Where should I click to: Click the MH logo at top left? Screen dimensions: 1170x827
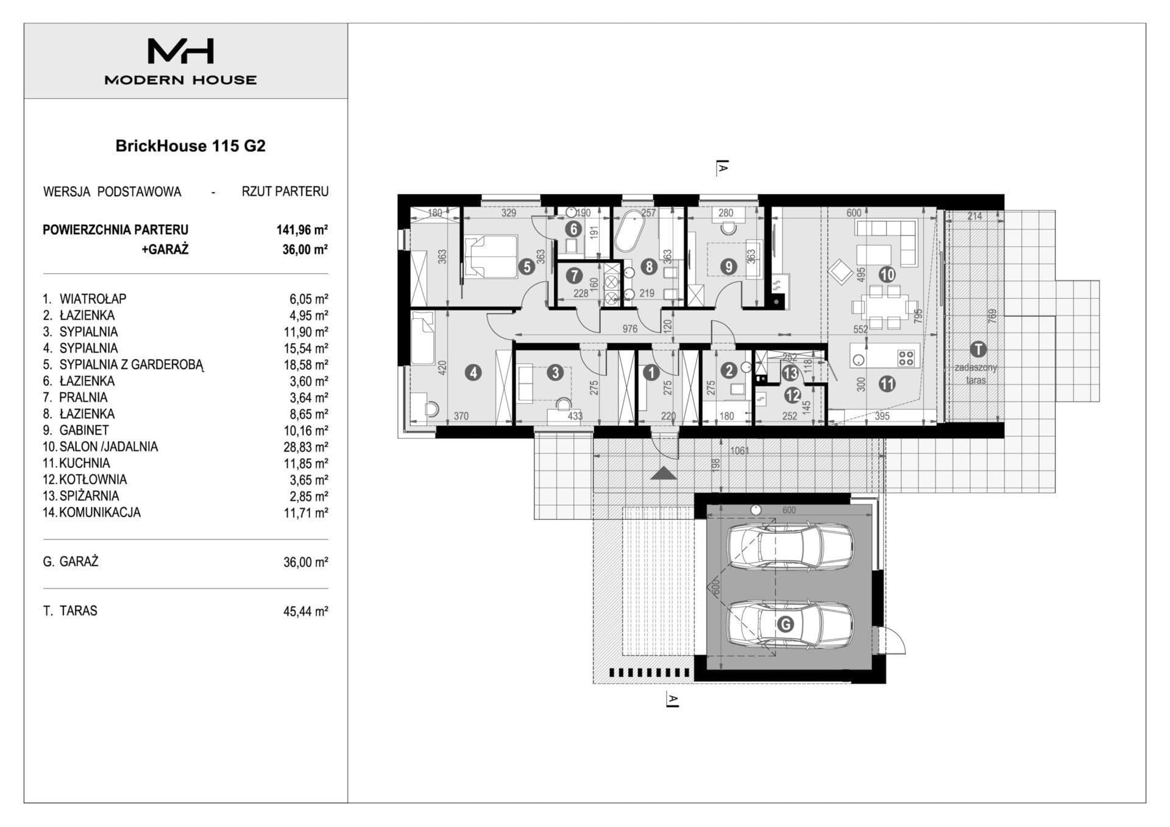click(x=180, y=51)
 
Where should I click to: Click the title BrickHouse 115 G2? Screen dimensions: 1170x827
click(x=190, y=146)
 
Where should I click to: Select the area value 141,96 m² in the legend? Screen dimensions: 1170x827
click(x=302, y=230)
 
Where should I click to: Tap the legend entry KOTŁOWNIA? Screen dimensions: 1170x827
click(x=93, y=480)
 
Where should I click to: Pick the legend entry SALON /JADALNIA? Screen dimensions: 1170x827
click(x=108, y=447)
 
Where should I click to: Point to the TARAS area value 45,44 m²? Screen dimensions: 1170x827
click(x=306, y=611)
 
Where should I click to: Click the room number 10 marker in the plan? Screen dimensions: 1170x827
click(x=887, y=274)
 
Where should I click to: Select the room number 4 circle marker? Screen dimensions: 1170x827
click(x=473, y=372)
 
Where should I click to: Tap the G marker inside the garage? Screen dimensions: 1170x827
click(x=785, y=625)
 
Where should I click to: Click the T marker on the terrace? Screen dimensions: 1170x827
click(x=977, y=349)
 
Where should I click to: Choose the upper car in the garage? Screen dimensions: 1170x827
click(x=790, y=547)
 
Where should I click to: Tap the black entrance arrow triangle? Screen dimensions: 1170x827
click(x=664, y=473)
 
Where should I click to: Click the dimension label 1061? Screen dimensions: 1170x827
click(x=739, y=451)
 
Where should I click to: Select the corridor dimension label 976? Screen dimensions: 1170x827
click(x=630, y=329)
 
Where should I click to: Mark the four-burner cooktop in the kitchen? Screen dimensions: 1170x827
click(x=906, y=357)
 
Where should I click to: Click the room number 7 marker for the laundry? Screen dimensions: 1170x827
click(x=573, y=275)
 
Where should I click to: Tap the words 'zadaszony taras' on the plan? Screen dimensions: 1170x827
click(x=976, y=374)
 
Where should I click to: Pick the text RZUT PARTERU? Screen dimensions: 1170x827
click(x=285, y=191)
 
